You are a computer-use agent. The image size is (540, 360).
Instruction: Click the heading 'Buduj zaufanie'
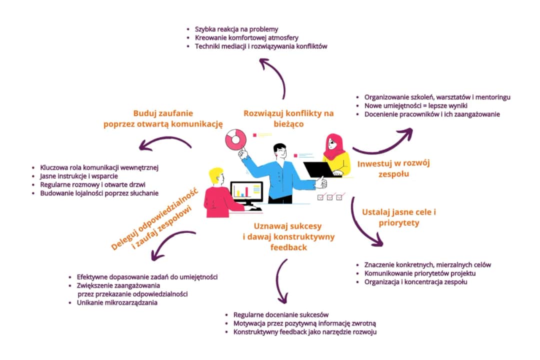pos(163,113)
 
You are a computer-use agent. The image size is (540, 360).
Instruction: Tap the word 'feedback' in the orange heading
pos(288,247)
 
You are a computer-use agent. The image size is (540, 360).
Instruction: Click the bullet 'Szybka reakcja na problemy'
pos(236,29)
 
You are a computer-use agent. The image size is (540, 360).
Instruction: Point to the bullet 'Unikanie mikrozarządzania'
pos(117,303)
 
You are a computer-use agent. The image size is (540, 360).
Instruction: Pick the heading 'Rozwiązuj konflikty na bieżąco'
pos(288,118)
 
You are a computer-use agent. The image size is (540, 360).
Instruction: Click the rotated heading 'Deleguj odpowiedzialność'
pos(155,219)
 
